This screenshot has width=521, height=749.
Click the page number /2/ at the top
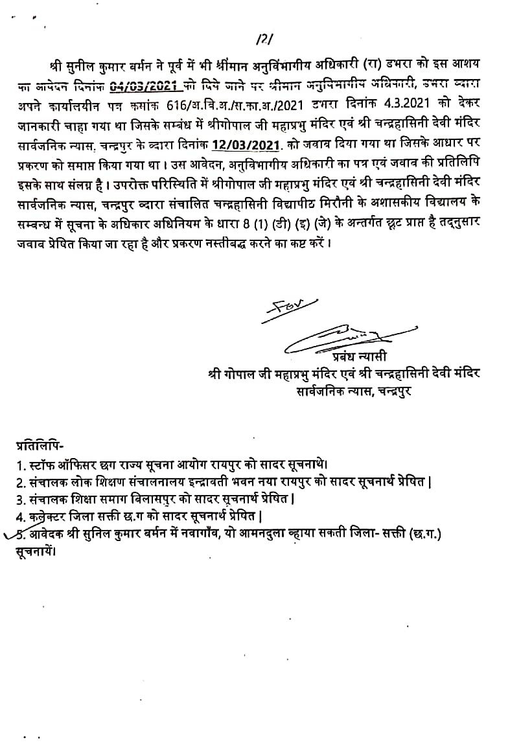[263, 40]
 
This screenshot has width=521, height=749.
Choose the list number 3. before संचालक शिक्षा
[20, 500]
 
